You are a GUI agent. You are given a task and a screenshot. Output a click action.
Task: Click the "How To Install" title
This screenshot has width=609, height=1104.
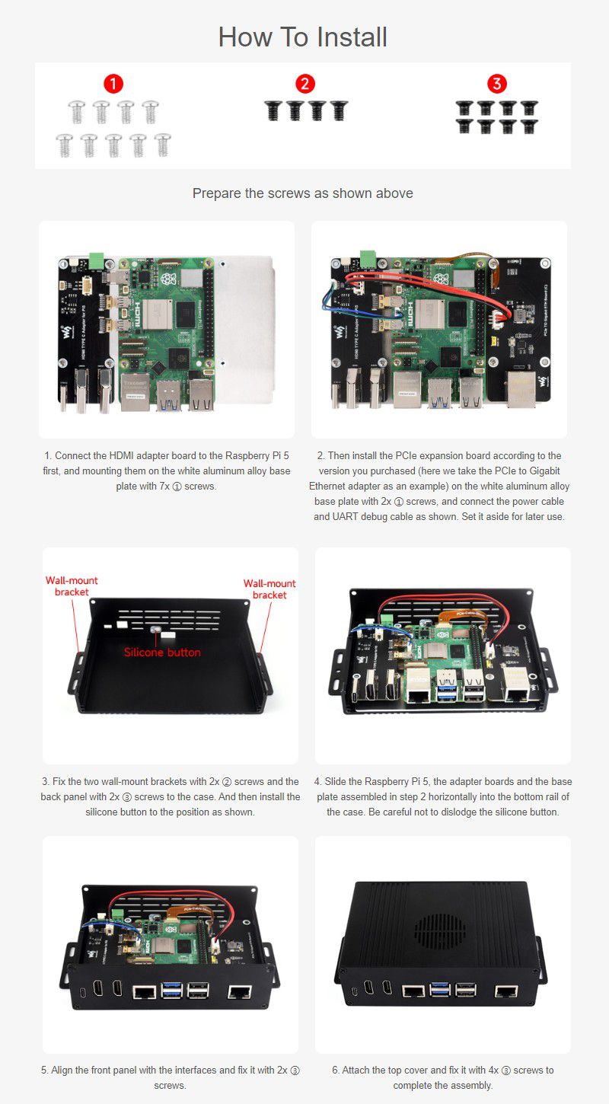coord(303,37)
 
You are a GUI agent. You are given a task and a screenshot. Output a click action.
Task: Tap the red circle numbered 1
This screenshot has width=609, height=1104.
coord(113,84)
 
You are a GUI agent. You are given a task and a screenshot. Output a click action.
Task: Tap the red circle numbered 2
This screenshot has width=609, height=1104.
coord(305,84)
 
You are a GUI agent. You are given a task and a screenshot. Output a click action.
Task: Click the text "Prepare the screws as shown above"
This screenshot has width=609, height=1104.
coord(303,193)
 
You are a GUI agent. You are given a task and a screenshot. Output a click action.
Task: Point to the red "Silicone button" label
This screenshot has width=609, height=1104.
coord(162,653)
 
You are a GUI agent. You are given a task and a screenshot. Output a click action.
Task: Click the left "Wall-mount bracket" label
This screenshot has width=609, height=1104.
coord(72,586)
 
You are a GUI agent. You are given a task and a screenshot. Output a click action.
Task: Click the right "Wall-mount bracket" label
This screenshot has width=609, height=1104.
coord(269,589)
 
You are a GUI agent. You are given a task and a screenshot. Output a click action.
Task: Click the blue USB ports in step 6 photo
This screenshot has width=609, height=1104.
coord(440,991)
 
